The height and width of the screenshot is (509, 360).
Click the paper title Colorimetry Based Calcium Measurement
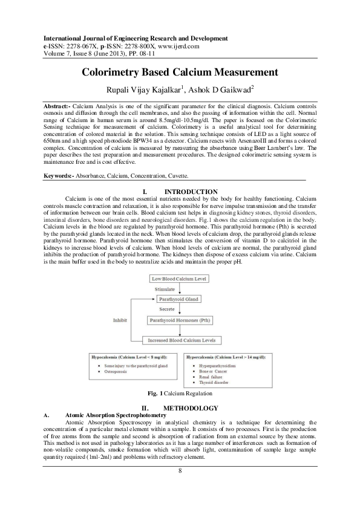tap(180, 73)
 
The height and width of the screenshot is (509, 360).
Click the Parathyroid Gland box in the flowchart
tap(177, 299)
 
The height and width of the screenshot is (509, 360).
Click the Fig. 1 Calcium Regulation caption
tap(180, 394)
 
